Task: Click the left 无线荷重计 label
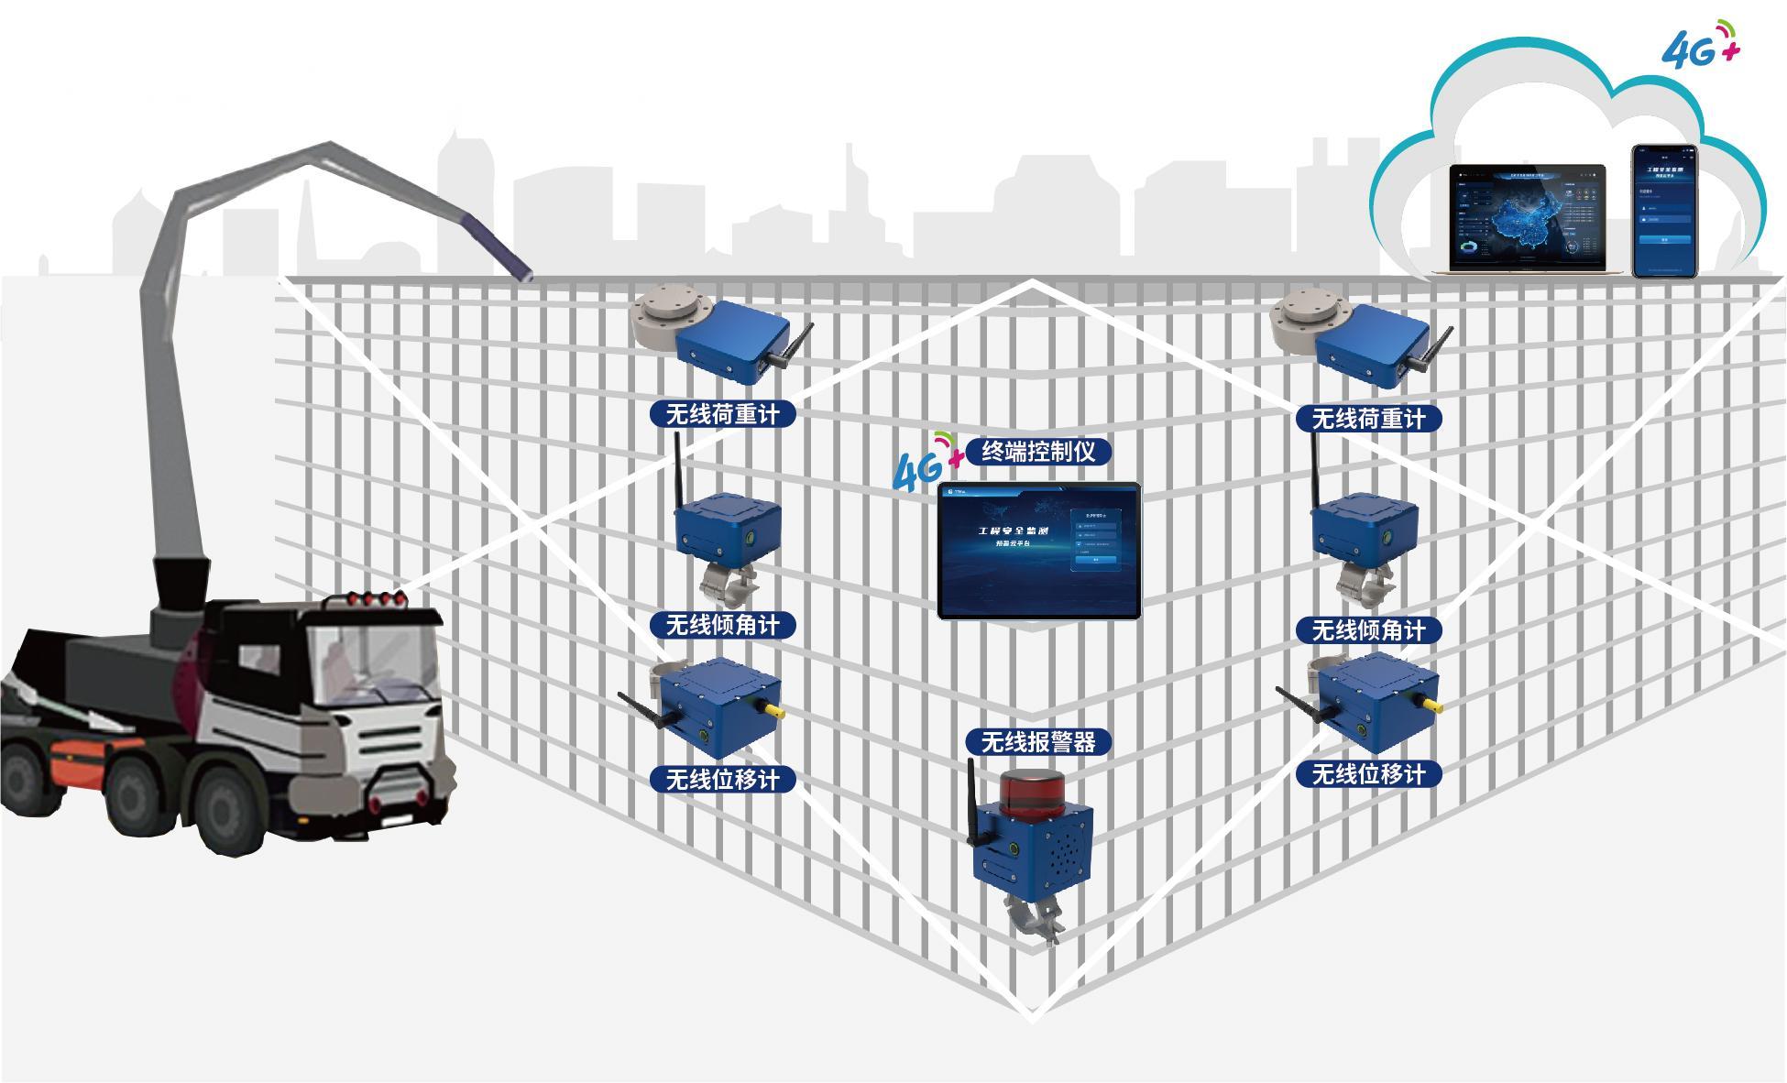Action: click(722, 414)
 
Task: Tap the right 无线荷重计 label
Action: click(1368, 419)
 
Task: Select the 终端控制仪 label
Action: click(1038, 452)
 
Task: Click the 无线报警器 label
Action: click(1038, 742)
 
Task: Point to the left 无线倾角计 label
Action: click(722, 626)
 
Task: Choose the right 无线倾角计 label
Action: click(1368, 630)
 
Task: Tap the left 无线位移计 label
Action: click(722, 780)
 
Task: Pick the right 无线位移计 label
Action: click(1368, 774)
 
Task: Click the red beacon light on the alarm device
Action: click(1032, 791)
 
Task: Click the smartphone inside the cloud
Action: click(1663, 211)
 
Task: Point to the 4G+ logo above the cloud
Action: click(1700, 46)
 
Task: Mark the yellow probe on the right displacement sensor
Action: click(1429, 703)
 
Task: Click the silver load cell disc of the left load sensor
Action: click(665, 312)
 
